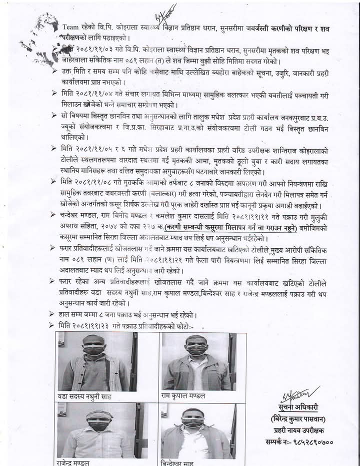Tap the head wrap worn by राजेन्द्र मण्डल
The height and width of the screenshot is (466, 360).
[x=98, y=414]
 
